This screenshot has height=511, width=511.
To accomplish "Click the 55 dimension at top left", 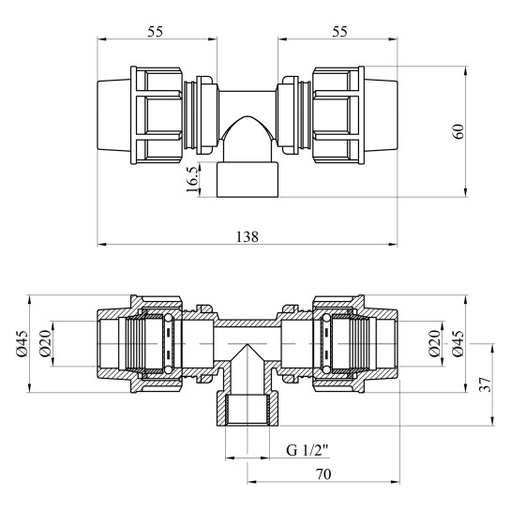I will [x=156, y=31].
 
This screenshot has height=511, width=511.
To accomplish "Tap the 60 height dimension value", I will [x=458, y=132].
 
